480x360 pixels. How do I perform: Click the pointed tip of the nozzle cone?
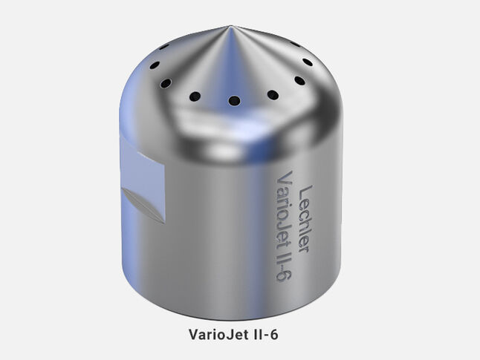tap(230, 26)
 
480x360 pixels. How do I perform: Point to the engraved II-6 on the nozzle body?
tap(284, 265)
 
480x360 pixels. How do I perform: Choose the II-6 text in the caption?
tap(265, 334)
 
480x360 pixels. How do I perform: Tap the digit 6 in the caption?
tap(274, 334)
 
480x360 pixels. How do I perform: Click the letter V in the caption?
tap(194, 334)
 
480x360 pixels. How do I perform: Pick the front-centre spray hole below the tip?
tap(234, 100)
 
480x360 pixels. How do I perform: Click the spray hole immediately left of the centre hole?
tap(195, 96)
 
